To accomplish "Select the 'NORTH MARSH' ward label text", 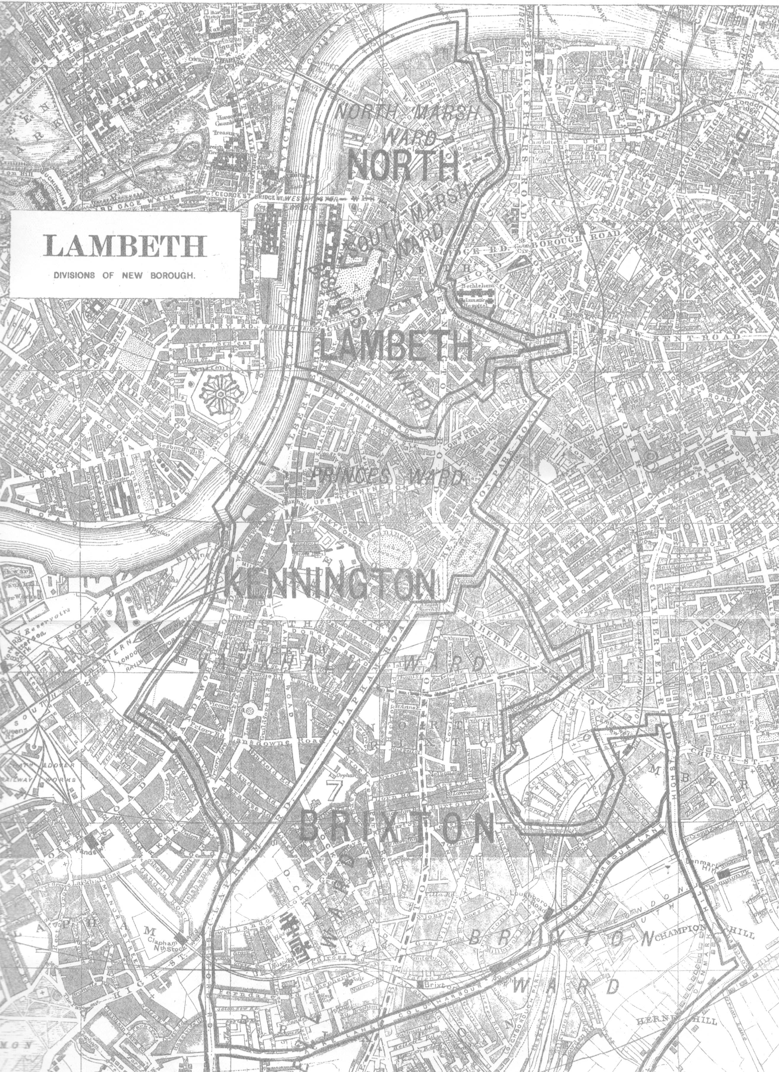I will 408,113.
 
